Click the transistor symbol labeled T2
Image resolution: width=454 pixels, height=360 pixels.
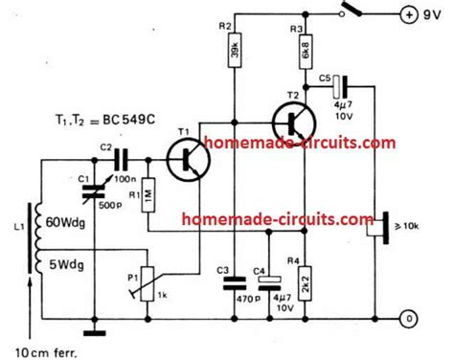coord(294,122)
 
